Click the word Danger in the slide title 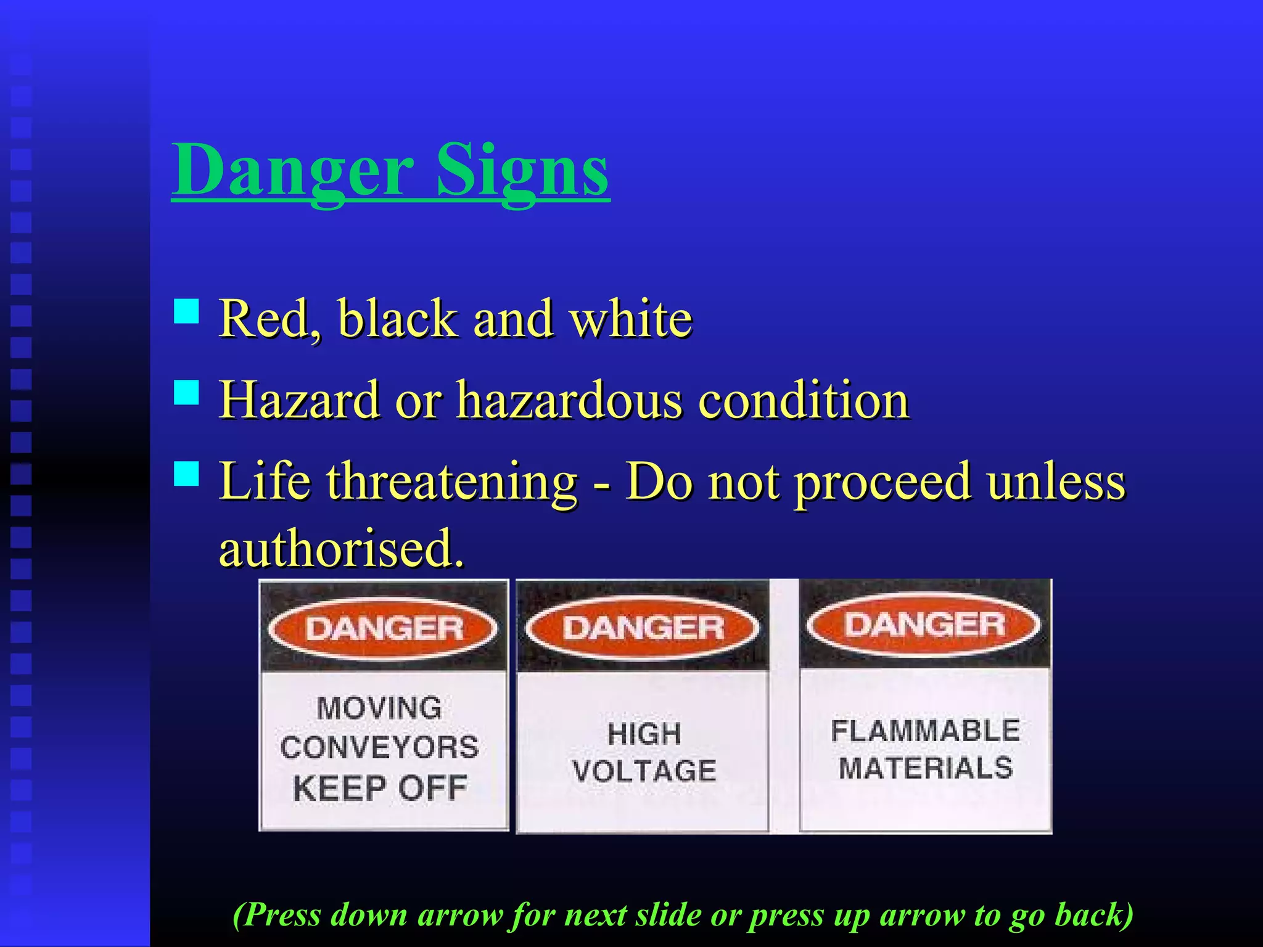(x=293, y=170)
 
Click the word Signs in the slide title (x=522, y=170)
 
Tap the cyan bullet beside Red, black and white (x=186, y=311)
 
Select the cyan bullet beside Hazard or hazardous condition (x=186, y=392)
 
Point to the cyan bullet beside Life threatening (x=186, y=473)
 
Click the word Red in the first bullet (x=265, y=319)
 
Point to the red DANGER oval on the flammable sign (x=924, y=625)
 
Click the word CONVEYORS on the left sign (x=379, y=747)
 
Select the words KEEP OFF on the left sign (x=380, y=788)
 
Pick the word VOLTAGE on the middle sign (x=644, y=771)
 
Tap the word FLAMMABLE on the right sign (x=925, y=731)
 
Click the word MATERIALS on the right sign (x=926, y=768)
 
